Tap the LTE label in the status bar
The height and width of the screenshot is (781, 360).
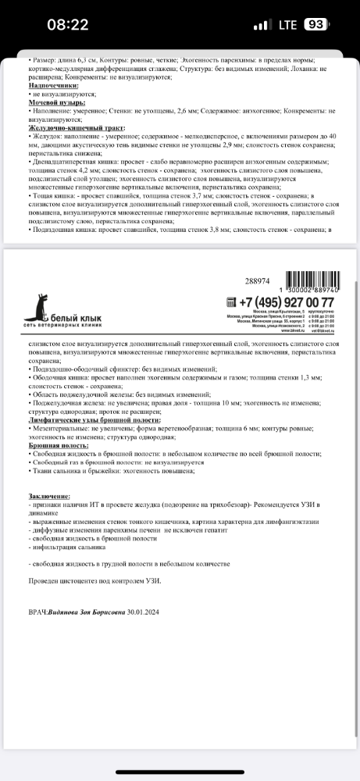pos(287,24)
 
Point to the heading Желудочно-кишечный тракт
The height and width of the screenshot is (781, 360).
pos(77,127)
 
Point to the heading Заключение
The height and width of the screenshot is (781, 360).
pos(48,496)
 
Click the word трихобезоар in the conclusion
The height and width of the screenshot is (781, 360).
pos(212,505)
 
